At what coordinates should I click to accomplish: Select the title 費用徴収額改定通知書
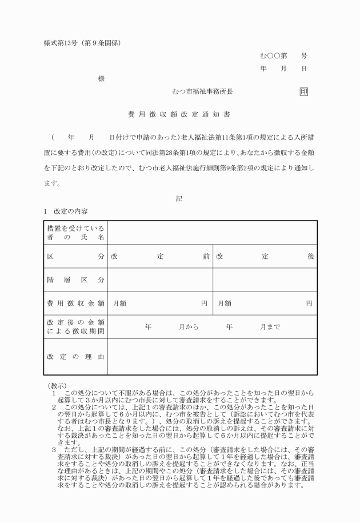pyautogui.click(x=179, y=114)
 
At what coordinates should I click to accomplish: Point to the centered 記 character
pyautogui.click(x=179, y=198)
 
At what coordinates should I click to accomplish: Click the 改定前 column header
pyautogui.click(x=160, y=257)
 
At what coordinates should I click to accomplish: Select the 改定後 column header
pyautogui.click(x=265, y=257)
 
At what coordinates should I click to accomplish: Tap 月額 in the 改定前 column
pyautogui.click(x=120, y=303)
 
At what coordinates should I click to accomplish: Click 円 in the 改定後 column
pyautogui.click(x=309, y=303)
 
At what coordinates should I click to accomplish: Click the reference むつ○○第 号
pyautogui.click(x=283, y=56)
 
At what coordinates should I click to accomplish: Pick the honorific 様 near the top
pyautogui.click(x=101, y=79)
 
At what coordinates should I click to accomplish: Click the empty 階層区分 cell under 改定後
pyautogui.click(x=265, y=280)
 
